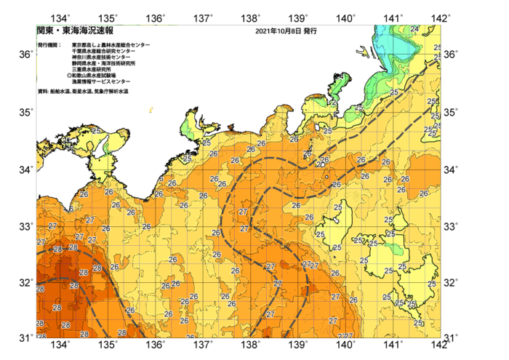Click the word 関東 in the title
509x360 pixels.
tap(44, 31)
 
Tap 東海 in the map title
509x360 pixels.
tap(65, 31)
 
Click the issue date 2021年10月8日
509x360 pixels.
tap(278, 32)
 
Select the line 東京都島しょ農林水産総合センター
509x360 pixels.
tap(111, 45)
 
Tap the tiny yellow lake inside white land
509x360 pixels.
tap(151, 110)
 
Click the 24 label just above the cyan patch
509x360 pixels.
tap(414, 28)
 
